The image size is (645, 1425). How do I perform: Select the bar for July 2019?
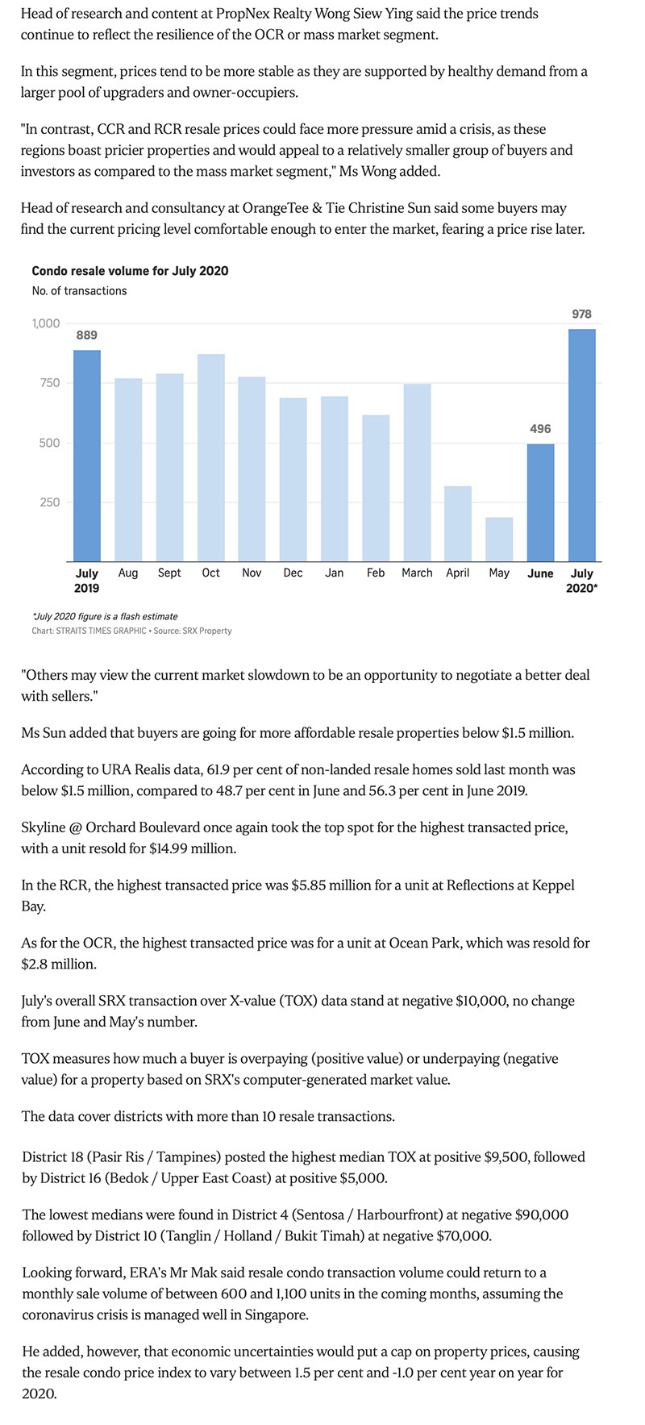87,456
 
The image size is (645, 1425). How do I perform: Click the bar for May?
499,540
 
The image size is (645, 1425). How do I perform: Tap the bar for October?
211,457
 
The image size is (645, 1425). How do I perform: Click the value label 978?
582,314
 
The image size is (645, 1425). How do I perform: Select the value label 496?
540,429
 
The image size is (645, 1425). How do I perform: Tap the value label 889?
87,335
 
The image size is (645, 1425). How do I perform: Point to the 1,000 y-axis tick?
46,323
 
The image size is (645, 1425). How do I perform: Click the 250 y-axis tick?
50,502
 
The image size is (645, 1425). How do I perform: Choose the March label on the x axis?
417,573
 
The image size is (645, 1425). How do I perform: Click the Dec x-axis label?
293,573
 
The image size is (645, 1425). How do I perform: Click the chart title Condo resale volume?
130,271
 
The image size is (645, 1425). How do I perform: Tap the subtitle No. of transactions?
79,290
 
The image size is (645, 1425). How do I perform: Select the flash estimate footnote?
105,616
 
